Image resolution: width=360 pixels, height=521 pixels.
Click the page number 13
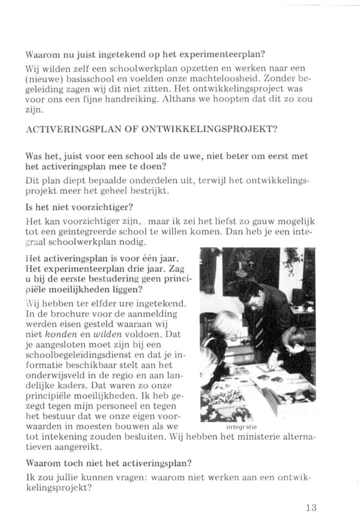[x=311, y=507]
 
